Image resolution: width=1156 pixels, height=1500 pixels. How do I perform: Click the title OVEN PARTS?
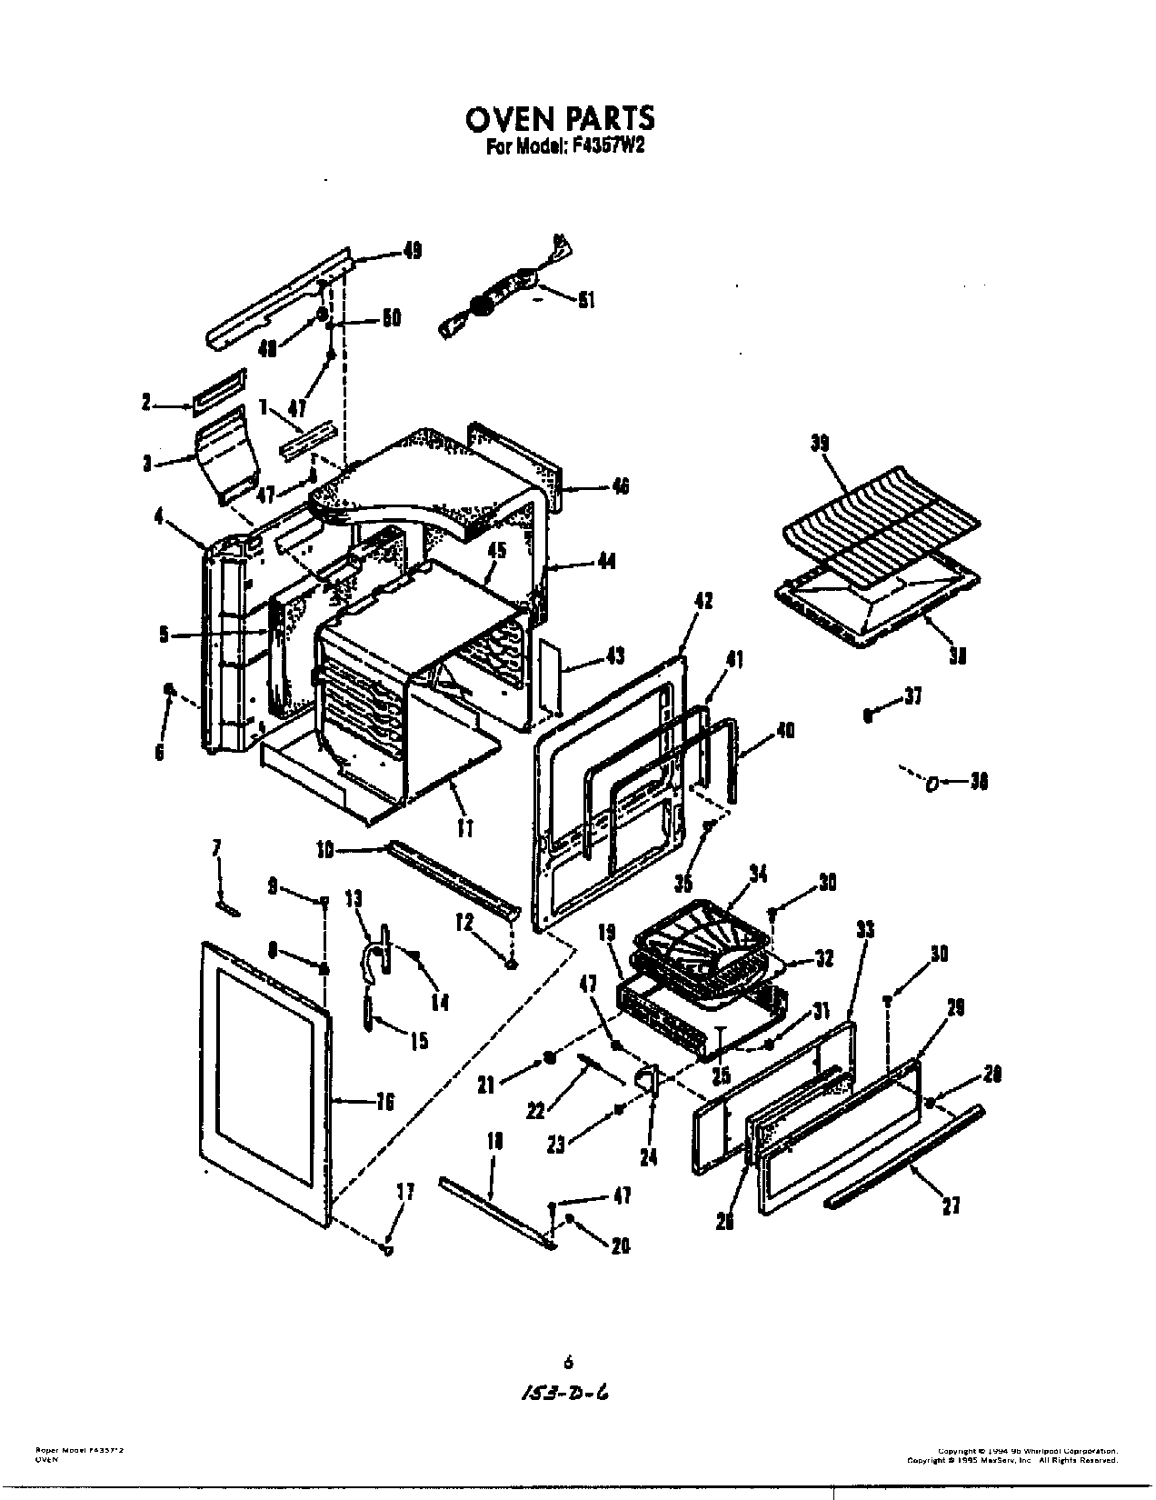pos(559,119)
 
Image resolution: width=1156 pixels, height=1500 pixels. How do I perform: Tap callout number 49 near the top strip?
pos(412,252)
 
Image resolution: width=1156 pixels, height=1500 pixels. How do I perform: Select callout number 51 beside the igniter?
pos(587,299)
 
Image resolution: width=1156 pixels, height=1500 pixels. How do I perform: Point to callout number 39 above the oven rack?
pos(821,443)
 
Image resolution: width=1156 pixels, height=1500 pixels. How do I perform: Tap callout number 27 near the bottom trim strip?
pos(951,1205)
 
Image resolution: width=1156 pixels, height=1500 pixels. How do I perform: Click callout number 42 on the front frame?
pos(703,601)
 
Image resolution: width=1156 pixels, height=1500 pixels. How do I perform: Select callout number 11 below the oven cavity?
pos(464,828)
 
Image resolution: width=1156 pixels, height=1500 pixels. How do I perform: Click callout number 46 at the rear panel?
pos(620,487)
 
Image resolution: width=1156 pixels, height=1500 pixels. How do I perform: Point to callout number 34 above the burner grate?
pos(757,874)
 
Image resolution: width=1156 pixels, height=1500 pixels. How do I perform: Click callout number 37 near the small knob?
pos(912,697)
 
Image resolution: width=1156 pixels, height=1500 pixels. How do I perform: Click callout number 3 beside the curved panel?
pos(146,464)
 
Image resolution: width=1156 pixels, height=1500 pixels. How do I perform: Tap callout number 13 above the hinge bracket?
pos(354,899)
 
